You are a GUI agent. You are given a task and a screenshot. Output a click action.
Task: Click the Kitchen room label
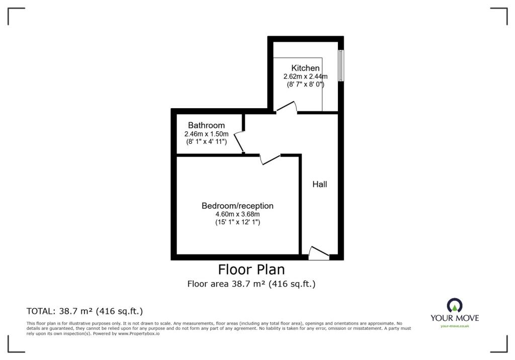pyautogui.click(x=305, y=68)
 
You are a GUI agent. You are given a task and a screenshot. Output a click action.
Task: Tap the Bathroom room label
pyautogui.click(x=206, y=125)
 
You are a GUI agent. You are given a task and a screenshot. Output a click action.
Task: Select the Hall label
pyautogui.click(x=319, y=184)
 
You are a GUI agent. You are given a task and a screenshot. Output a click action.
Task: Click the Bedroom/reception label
pyautogui.click(x=237, y=206)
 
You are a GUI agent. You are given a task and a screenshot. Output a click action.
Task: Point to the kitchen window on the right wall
pyautogui.click(x=341, y=65)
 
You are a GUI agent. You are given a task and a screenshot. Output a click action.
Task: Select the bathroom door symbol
pyautogui.click(x=239, y=142)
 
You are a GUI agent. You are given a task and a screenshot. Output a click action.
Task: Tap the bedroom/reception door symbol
pyautogui.click(x=270, y=159)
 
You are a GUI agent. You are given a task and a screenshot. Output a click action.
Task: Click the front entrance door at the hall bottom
pyautogui.click(x=319, y=253)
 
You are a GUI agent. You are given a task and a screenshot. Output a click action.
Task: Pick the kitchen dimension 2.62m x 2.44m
pyautogui.click(x=305, y=76)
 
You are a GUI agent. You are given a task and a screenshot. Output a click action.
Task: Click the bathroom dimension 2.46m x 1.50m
pyautogui.click(x=206, y=134)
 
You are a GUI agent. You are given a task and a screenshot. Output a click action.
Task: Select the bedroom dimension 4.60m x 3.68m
pyautogui.click(x=237, y=214)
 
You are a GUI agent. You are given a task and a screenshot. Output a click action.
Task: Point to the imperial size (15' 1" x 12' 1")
pyautogui.click(x=237, y=222)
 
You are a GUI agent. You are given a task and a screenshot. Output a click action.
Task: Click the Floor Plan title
pyautogui.click(x=251, y=269)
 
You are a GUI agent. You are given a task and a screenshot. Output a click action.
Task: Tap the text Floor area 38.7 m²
pyautogui.click(x=226, y=284)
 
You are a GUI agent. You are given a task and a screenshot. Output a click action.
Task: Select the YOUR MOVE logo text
pyautogui.click(x=455, y=318)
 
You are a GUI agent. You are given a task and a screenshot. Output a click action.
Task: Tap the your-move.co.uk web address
pyautogui.click(x=455, y=326)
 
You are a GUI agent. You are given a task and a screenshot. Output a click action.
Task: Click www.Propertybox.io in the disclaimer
pyautogui.click(x=139, y=333)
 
